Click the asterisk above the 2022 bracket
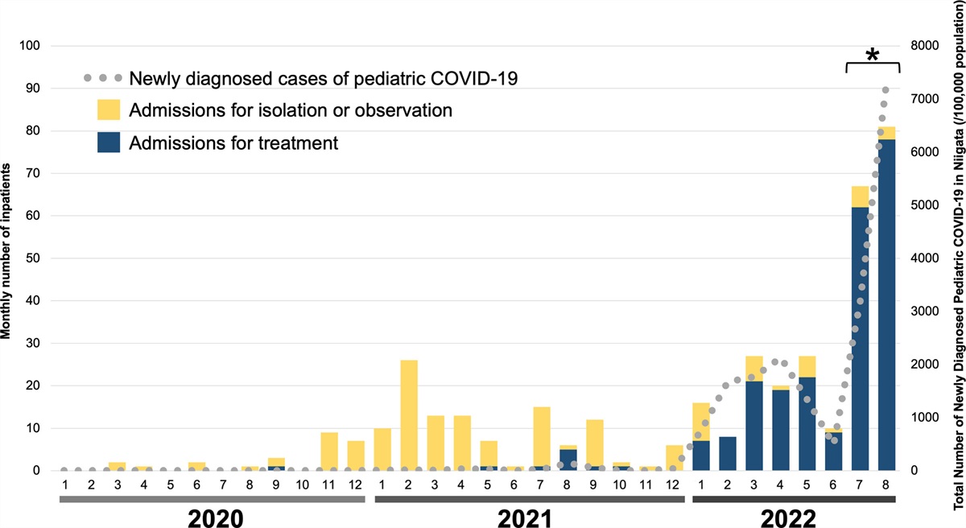tap(872, 56)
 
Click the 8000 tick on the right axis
tap(921, 46)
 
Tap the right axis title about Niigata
tap(958, 266)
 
